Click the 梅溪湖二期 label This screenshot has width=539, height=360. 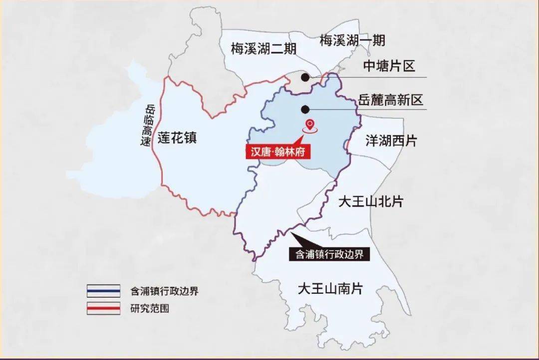(264, 49)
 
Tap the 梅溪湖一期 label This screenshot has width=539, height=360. (352, 40)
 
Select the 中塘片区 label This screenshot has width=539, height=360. (389, 66)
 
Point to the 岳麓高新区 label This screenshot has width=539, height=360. (390, 100)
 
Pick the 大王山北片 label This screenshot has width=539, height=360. (371, 201)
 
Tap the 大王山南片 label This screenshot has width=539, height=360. (329, 289)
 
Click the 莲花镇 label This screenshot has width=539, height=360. (177, 137)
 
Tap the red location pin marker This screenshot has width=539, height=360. (310, 125)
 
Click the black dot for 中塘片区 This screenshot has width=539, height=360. (304, 77)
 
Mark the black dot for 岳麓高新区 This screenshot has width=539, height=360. (304, 109)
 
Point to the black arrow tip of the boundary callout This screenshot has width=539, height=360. (291, 234)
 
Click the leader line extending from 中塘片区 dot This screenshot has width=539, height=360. (369, 77)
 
